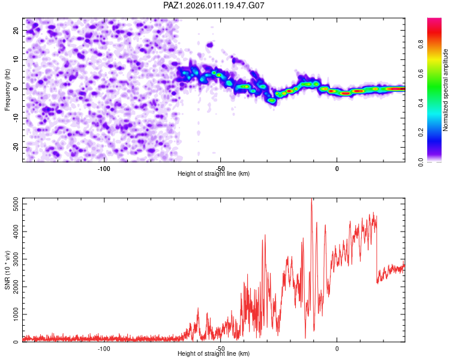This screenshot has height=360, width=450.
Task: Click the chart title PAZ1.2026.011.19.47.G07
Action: pos(214,5)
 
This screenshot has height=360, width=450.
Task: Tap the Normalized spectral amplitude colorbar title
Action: pos(446,90)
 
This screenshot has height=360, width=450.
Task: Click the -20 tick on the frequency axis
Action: pos(16,147)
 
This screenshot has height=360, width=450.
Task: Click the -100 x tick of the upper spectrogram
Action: pos(104,167)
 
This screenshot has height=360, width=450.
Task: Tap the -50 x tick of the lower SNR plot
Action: pos(220,347)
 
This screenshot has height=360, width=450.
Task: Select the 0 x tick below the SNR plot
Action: pos(337,347)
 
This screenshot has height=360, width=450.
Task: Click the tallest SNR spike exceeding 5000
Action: pos(311,201)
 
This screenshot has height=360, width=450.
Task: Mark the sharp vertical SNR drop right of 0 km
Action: pos(377,252)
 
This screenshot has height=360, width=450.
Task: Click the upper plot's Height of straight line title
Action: pos(214,174)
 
